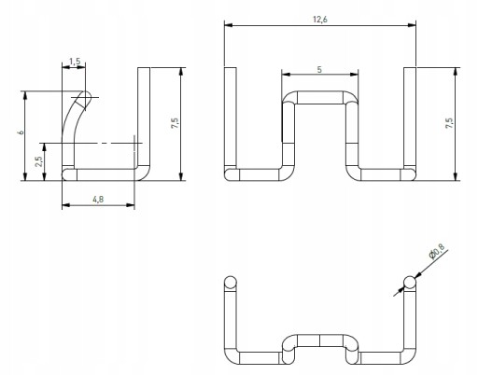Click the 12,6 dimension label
[x=320, y=20]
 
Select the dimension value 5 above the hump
[x=319, y=70]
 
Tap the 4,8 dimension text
[x=98, y=200]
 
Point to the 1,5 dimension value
[x=75, y=62]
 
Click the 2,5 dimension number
[x=39, y=161]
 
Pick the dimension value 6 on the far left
[x=21, y=132]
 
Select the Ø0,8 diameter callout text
[x=437, y=251]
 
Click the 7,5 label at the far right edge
[x=449, y=123]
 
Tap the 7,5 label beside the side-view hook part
[x=175, y=123]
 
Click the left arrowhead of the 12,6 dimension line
[x=229, y=25]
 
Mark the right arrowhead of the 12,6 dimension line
[x=412, y=25]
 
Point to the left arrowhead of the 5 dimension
[x=286, y=75]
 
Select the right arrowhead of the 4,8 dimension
[x=131, y=205]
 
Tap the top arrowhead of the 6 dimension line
[x=25, y=95]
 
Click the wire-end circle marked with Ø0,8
[x=410, y=282]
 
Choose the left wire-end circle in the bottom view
[x=231, y=282]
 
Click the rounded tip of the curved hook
[x=86, y=96]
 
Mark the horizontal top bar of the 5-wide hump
[x=320, y=97]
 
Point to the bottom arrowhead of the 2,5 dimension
[x=45, y=176]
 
